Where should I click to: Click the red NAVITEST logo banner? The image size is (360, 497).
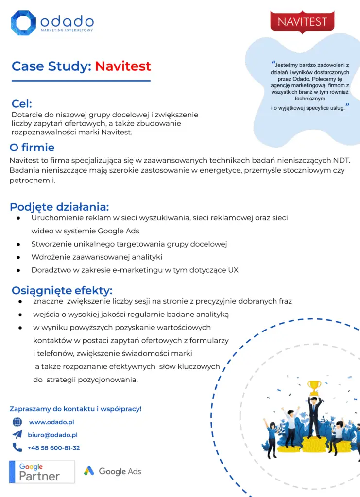pyautogui.click(x=302, y=22)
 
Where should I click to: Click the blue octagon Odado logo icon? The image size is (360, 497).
pyautogui.click(x=23, y=23)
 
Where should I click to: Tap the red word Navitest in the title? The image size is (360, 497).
pyautogui.click(x=123, y=66)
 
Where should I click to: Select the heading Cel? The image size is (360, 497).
pyautogui.click(x=22, y=104)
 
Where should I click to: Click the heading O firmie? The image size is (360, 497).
pyautogui.click(x=32, y=148)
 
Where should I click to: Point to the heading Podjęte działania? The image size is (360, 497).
pyautogui.click(x=59, y=207)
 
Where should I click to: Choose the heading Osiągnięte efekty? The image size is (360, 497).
pyautogui.click(x=62, y=290)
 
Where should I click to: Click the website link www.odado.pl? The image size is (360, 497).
pyautogui.click(x=51, y=422)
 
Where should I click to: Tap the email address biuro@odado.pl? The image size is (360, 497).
pyautogui.click(x=52, y=435)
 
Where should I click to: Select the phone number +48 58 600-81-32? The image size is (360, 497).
pyautogui.click(x=53, y=448)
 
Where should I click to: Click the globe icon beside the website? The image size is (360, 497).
pyautogui.click(x=17, y=422)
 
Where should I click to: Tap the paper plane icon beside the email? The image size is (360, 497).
pyautogui.click(x=17, y=435)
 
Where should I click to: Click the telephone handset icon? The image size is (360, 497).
pyautogui.click(x=17, y=447)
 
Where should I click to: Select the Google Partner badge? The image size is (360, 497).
pyautogui.click(x=42, y=471)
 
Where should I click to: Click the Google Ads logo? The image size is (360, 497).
pyautogui.click(x=112, y=471)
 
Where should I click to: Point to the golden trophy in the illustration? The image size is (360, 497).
pyautogui.click(x=314, y=387)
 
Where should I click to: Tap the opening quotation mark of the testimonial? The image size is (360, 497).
pyautogui.click(x=273, y=63)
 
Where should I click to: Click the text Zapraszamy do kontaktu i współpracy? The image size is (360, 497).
pyautogui.click(x=76, y=409)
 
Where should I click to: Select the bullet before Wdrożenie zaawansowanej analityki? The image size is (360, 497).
pyautogui.click(x=18, y=257)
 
